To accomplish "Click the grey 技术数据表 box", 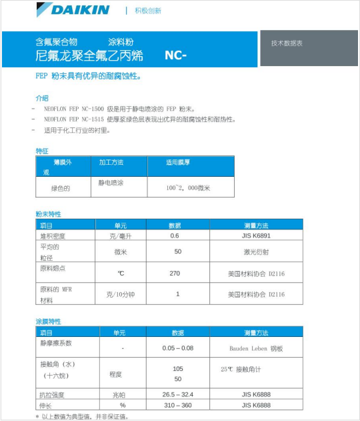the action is pyautogui.click(x=287, y=43).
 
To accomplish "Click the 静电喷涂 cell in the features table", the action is pyautogui.click(x=111, y=182).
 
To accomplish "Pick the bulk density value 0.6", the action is pyautogui.click(x=175, y=236).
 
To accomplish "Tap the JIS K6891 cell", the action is pyautogui.click(x=255, y=236).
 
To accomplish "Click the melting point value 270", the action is pyautogui.click(x=175, y=273).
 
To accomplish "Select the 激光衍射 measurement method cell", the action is pyautogui.click(x=255, y=252).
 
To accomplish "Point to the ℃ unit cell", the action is pyautogui.click(x=121, y=273).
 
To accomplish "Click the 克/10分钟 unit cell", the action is pyautogui.click(x=121, y=294).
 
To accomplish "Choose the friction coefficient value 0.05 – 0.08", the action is pyautogui.click(x=177, y=348).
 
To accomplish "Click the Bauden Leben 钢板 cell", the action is pyautogui.click(x=255, y=348).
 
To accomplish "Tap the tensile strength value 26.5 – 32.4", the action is pyautogui.click(x=177, y=395).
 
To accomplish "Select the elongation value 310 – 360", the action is pyautogui.click(x=177, y=405).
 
